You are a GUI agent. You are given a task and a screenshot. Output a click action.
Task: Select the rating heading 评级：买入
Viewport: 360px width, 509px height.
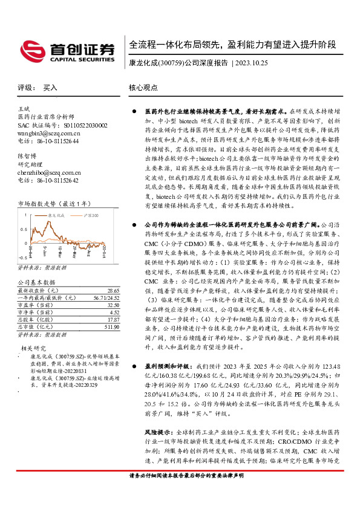(x=38, y=88)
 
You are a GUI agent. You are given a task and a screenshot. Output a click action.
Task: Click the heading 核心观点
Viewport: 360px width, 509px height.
(x=143, y=88)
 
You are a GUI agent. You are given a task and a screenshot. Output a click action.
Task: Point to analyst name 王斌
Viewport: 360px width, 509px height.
(x=24, y=108)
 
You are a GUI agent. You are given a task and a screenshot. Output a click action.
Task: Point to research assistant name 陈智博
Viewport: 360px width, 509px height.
(x=27, y=155)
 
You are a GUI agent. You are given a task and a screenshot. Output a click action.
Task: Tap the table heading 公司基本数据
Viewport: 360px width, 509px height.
(x=36, y=282)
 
